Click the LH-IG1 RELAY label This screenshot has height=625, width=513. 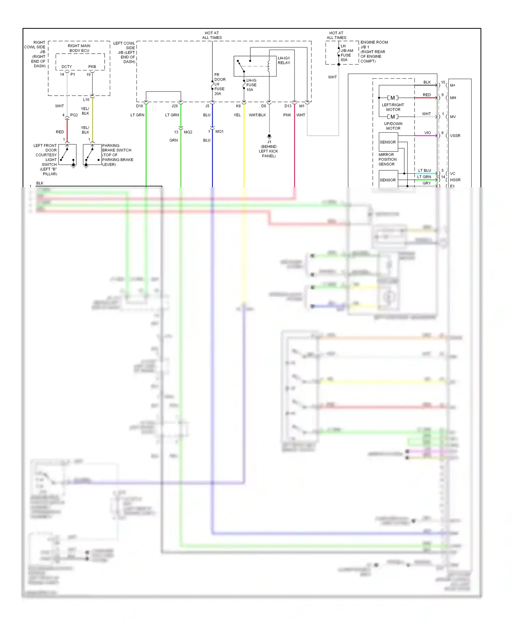click(x=284, y=61)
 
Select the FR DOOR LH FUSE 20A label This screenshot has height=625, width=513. click(x=220, y=84)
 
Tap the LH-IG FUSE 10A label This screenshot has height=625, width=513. click(x=251, y=85)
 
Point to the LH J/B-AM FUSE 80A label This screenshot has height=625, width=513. click(x=346, y=53)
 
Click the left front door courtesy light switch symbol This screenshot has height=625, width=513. click(x=67, y=155)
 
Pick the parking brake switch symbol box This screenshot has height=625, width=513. click(x=92, y=155)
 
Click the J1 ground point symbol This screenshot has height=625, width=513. click(x=269, y=136)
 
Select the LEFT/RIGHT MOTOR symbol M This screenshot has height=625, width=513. click(x=393, y=98)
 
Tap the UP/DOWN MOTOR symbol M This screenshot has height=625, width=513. click(x=393, y=117)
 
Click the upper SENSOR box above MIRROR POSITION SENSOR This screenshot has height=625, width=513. click(x=388, y=142)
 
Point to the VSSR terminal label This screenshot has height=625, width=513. click(x=455, y=136)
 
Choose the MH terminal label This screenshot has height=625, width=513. click(x=453, y=98)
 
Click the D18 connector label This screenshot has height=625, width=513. click(x=140, y=106)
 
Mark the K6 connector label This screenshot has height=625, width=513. click(x=238, y=106)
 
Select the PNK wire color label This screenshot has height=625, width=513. click(x=287, y=115)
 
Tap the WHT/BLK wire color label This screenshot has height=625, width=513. click(x=257, y=115)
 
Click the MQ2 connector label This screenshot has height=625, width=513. click(x=188, y=132)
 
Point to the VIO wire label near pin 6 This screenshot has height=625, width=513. click(x=428, y=133)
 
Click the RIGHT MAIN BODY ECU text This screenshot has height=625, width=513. click(x=79, y=48)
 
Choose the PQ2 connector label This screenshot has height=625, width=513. click(x=74, y=115)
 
